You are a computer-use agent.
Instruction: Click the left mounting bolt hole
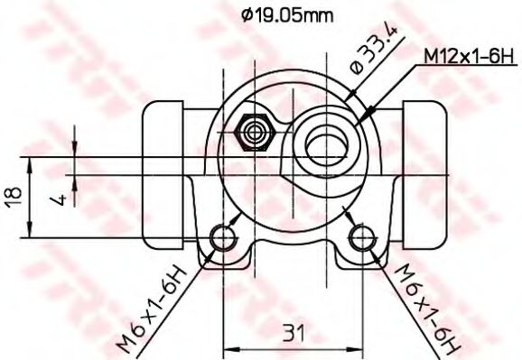[x=223, y=238]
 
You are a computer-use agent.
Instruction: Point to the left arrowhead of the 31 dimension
[x=228, y=347]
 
